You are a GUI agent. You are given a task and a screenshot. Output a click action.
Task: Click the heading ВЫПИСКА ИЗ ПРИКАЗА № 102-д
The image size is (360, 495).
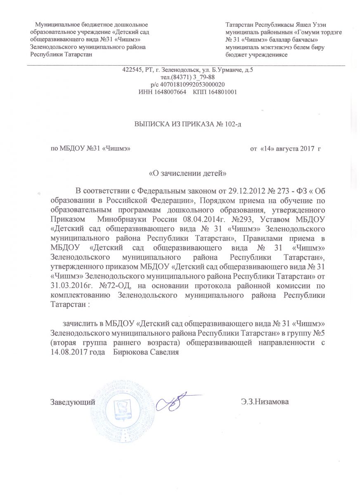[188, 124]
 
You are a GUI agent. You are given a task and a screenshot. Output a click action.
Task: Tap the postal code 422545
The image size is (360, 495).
[132, 70]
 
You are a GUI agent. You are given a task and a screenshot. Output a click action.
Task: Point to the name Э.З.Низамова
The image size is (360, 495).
[265, 401]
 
